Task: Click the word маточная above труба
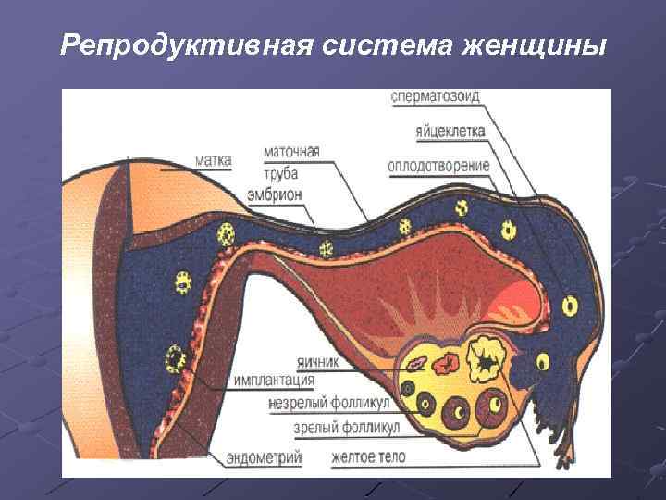tap(291, 151)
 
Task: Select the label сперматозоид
tap(435, 96)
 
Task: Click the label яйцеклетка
tap(450, 131)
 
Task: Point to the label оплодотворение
tap(439, 167)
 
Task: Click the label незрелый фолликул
tap(329, 404)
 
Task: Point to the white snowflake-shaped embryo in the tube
tap(327, 248)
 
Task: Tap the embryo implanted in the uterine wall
tap(173, 356)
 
